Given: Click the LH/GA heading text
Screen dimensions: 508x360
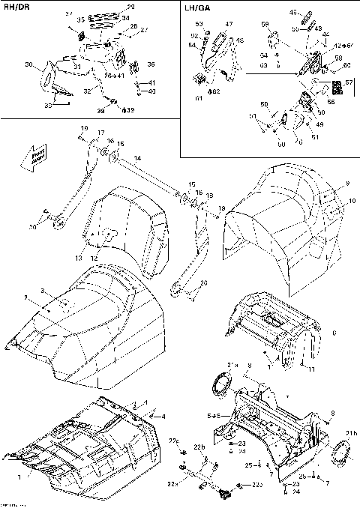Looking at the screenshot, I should click(x=196, y=10).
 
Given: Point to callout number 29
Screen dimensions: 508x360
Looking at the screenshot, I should click(x=131, y=7).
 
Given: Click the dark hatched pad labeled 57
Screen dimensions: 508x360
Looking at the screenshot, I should click(x=338, y=88).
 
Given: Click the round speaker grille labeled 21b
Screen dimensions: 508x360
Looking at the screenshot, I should click(x=341, y=452).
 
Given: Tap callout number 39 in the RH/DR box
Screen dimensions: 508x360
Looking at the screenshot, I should click(x=131, y=110).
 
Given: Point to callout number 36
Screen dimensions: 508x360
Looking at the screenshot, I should click(x=151, y=64).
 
